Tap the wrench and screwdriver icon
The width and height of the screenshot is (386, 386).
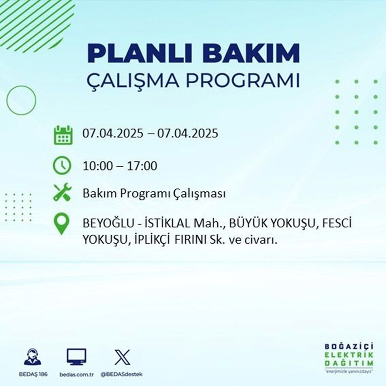(x=62, y=193)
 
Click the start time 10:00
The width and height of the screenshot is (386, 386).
(x=98, y=166)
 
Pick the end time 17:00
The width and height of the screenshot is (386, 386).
(x=142, y=166)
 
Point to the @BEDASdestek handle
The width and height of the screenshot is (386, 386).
(x=122, y=375)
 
